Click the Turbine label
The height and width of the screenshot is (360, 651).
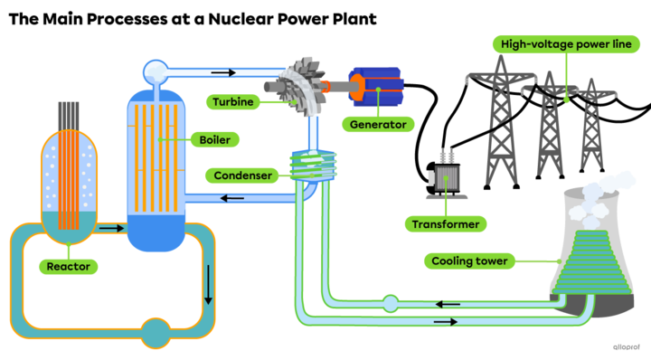point(233,101)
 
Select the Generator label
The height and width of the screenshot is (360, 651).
point(379,124)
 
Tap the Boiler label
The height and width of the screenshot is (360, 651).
point(214,139)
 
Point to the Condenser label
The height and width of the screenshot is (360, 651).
point(241,175)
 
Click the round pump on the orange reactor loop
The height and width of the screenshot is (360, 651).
point(156,333)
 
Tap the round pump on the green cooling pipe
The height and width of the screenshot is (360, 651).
point(390,303)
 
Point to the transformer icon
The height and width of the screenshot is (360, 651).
point(446,174)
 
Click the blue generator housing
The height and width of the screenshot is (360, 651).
point(379,89)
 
